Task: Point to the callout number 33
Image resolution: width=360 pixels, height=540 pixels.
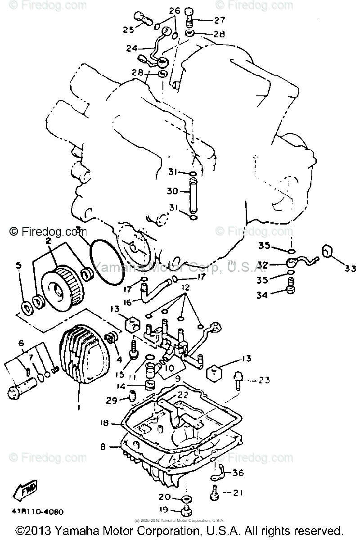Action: (350, 269)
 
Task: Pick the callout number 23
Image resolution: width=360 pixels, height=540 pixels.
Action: (264, 381)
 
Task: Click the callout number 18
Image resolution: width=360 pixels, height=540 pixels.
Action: (105, 423)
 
